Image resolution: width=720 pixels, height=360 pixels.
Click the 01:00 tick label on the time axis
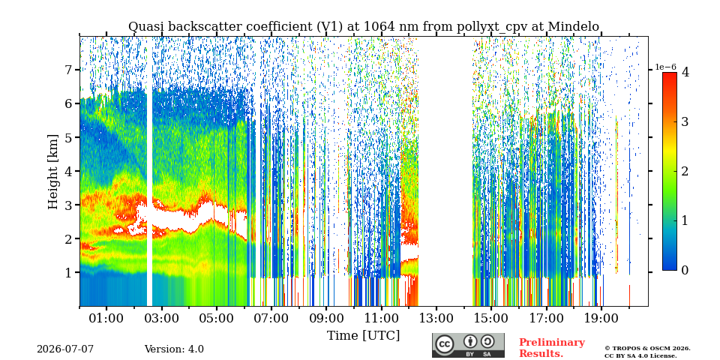(106, 318)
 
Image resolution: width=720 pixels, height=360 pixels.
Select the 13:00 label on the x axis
(436, 318)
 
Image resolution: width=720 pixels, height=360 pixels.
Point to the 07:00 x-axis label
(271, 318)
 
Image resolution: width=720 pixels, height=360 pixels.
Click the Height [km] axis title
(54, 172)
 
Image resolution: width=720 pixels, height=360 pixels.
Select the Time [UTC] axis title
(363, 336)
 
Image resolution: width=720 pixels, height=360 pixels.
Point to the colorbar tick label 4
(685, 72)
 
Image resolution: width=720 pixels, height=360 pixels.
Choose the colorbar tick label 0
(685, 271)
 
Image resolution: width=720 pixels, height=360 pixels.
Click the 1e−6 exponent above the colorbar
(665, 67)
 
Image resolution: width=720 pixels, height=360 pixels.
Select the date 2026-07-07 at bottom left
(65, 349)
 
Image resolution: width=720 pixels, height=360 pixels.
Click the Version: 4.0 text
(174, 349)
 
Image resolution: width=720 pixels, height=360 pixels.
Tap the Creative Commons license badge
(468, 345)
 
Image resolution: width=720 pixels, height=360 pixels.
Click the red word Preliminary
(552, 343)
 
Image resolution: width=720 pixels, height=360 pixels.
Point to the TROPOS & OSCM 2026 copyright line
(647, 349)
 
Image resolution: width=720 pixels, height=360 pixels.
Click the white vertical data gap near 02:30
(149, 172)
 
